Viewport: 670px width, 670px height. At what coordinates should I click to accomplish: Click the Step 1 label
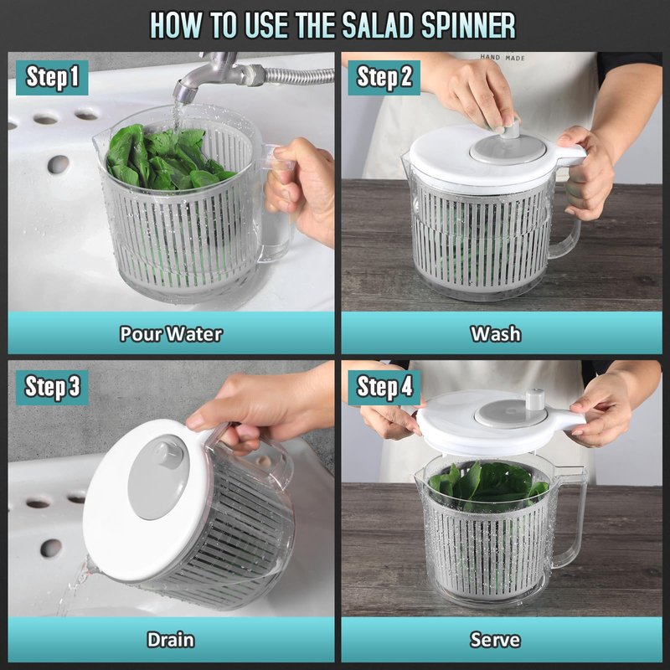tap(52, 77)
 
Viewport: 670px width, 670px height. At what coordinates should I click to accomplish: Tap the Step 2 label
tap(384, 77)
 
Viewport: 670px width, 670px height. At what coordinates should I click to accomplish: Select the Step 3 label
tap(52, 387)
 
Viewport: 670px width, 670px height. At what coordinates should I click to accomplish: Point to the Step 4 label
tap(384, 387)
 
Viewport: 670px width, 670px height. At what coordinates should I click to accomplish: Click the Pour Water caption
tap(171, 333)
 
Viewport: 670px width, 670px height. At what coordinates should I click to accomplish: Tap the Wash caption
tap(496, 333)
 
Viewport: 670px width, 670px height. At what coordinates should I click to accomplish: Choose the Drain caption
tap(171, 640)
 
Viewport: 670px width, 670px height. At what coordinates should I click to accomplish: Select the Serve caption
tap(495, 640)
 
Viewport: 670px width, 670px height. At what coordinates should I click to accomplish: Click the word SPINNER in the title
tap(468, 26)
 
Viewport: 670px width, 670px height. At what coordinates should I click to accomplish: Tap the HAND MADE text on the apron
tap(502, 57)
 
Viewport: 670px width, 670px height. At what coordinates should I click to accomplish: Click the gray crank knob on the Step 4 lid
tap(535, 399)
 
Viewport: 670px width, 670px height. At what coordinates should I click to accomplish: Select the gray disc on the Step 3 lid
tap(158, 477)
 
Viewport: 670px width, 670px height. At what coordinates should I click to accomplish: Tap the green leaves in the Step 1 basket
tap(167, 158)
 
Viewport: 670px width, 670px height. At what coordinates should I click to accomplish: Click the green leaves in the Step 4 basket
tap(488, 485)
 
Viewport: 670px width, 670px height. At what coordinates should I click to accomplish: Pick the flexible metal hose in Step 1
tap(299, 75)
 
